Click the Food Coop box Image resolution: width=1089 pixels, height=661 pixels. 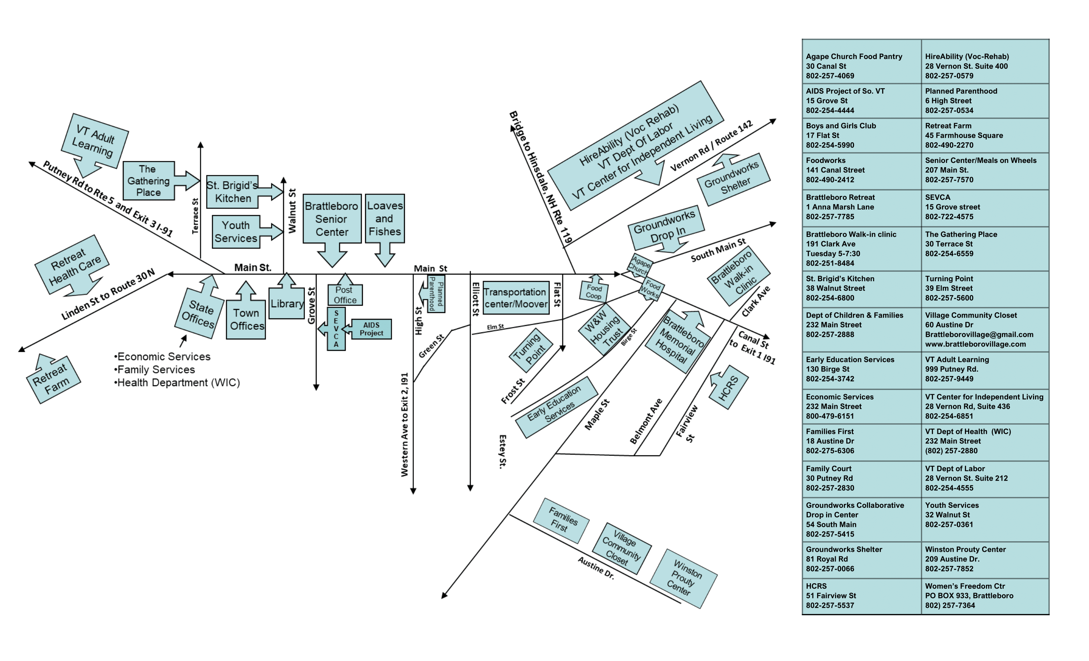click(x=594, y=292)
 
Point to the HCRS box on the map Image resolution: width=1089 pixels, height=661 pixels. click(x=728, y=388)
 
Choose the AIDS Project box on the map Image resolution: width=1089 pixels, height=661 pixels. click(x=371, y=329)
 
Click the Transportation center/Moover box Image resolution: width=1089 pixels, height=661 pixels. click(x=516, y=298)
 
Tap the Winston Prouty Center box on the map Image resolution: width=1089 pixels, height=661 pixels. click(x=684, y=579)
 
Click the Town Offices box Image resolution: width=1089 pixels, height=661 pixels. click(x=246, y=319)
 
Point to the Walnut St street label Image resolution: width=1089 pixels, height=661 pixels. click(x=292, y=211)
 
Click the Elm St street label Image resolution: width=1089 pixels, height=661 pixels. click(x=495, y=327)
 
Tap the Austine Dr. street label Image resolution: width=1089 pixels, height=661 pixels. click(x=596, y=568)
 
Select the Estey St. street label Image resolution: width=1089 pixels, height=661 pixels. click(x=502, y=451)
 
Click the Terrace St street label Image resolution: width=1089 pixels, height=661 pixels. click(x=195, y=216)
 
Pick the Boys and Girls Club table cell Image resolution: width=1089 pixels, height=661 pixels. click(x=861, y=136)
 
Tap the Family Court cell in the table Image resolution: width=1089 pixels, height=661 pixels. click(x=861, y=479)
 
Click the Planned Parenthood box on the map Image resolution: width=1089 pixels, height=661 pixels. click(x=435, y=294)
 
